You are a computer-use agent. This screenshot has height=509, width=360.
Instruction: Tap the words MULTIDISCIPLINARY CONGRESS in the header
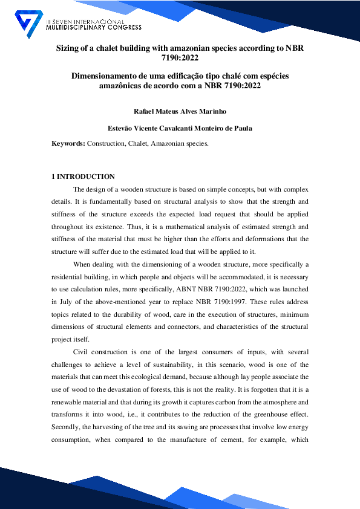94,27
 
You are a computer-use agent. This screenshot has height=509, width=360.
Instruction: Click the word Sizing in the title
69,48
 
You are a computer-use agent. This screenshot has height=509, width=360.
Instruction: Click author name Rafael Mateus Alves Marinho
180,111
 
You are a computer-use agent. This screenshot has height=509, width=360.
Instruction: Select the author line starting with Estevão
180,128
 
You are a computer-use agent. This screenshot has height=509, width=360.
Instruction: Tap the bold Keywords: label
68,144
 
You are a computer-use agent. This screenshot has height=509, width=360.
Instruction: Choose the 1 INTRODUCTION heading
83,177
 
